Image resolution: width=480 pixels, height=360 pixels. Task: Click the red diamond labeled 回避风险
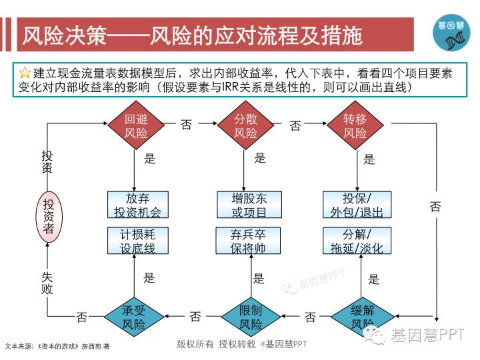[136, 126]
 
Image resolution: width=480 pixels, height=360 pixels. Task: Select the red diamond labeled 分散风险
[245, 126]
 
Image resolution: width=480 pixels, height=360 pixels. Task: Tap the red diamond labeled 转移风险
[355, 126]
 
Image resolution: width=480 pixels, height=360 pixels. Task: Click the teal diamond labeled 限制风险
[251, 317]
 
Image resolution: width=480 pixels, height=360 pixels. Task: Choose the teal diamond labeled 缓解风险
[362, 317]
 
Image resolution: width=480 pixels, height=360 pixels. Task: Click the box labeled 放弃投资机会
[137, 205]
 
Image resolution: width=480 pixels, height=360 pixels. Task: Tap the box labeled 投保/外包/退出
[357, 205]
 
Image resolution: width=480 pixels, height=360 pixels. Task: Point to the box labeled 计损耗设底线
[137, 241]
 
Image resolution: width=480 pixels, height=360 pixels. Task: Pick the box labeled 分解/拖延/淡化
[357, 241]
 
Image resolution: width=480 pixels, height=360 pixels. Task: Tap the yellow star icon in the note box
[25, 72]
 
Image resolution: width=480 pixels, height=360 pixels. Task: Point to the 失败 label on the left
[47, 283]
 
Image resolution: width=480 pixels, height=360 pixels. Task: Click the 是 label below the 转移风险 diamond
[369, 159]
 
